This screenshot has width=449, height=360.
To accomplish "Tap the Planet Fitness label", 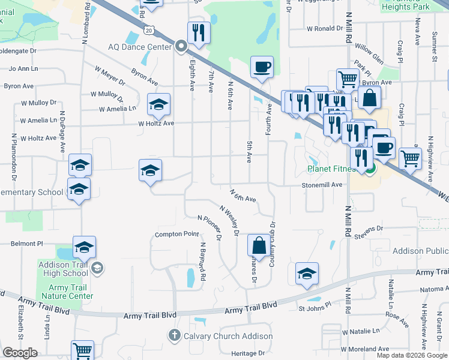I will pyautogui.click(x=331, y=169).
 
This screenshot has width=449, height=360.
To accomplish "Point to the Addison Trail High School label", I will pyautogui.click(x=63, y=269).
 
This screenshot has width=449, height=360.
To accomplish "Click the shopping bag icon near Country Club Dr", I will pyautogui.click(x=259, y=245).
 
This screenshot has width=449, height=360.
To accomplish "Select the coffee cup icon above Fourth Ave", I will pyautogui.click(x=261, y=67).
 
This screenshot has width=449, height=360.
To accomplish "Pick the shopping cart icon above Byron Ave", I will pyautogui.click(x=348, y=79).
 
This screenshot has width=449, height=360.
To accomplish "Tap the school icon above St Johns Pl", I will pyautogui.click(x=307, y=274).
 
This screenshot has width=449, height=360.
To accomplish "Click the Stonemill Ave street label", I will pyautogui.click(x=322, y=185).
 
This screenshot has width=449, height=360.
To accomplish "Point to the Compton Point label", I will pyautogui.click(x=176, y=234).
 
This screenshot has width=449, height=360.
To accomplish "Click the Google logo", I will pyautogui.click(x=20, y=353).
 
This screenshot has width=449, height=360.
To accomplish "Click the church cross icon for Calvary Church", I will pyautogui.click(x=175, y=335).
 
